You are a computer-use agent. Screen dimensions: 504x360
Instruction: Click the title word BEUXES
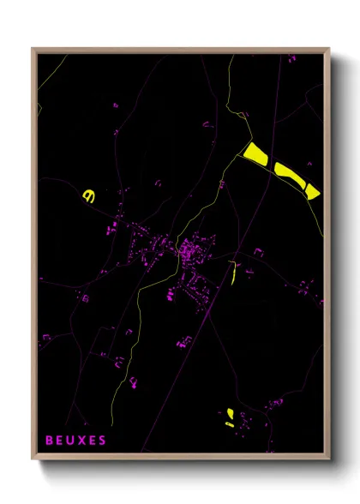coord(76,441)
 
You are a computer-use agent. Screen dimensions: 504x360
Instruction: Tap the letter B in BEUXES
coord(50,441)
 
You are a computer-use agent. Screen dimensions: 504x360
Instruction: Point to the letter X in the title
coord(82,441)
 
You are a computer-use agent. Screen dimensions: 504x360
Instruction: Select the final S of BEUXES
coord(104,441)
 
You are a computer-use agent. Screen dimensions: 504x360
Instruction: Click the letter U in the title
coord(71,441)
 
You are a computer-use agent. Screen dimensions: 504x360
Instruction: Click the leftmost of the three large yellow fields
coord(255,153)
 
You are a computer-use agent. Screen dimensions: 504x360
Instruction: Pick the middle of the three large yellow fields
coord(287,174)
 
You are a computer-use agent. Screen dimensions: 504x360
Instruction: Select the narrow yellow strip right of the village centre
coord(232,272)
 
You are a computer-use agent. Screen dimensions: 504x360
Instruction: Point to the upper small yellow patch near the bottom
coord(230,413)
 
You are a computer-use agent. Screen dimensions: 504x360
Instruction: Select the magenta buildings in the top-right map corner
coord(292,59)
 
